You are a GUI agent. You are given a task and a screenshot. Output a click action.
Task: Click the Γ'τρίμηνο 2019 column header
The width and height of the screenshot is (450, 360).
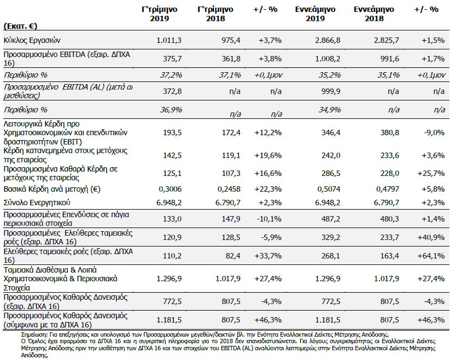coord(160,14)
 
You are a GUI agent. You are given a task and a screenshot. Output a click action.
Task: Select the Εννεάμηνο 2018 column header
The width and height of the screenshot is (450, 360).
coord(373,14)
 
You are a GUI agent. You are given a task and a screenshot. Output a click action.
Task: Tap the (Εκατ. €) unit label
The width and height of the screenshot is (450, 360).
coord(21,26)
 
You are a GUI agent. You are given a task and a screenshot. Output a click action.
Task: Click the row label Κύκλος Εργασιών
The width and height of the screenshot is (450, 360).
coord(32,40)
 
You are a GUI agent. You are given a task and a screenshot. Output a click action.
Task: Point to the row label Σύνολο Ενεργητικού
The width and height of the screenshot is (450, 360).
coord(37,203)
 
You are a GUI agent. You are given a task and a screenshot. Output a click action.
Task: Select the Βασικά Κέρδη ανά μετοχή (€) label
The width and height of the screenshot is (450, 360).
coord(52,189)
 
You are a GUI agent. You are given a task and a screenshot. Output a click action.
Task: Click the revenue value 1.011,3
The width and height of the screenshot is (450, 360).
coord(169,40)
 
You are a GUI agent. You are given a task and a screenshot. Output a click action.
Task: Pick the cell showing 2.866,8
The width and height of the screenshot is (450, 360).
coord(328,40)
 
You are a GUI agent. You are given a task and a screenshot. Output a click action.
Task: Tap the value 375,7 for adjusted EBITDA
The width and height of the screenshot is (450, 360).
coord(172,59)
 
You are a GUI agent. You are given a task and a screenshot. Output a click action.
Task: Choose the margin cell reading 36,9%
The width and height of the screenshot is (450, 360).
coord(171,110)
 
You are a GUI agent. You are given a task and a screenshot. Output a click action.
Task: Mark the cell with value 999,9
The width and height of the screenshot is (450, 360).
coord(331,91)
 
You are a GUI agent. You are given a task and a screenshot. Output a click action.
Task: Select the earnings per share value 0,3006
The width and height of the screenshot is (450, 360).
coord(170,189)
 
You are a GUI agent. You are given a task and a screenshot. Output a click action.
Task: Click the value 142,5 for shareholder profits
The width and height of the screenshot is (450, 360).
coord(172,155)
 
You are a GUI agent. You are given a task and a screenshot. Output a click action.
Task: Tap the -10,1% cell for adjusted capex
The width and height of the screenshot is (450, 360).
coord(269,219)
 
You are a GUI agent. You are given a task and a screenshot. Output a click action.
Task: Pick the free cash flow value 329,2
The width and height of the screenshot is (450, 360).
coord(331,237)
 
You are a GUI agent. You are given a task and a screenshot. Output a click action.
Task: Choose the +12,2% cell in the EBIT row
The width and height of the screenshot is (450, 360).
coord(268,132)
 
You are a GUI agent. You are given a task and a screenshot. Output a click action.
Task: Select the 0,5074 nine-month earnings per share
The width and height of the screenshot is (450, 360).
coord(329,189)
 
